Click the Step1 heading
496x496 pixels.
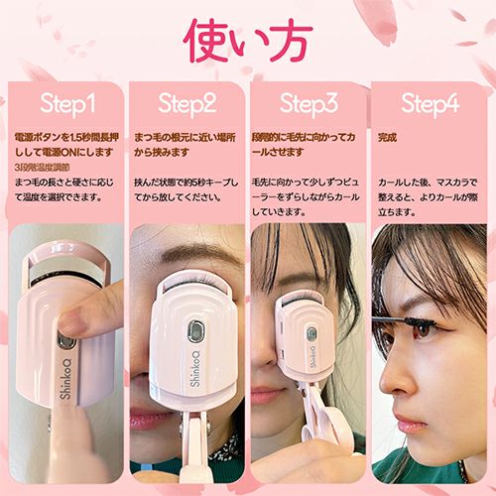pos(66,103)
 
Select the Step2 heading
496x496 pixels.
pos(187,103)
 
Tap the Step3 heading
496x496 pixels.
pos(309,103)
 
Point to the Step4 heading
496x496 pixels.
pos(430,103)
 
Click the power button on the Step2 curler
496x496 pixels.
pos(196,329)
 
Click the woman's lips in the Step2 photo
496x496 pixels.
pos(149,419)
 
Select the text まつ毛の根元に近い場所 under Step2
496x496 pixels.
pos(186,137)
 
